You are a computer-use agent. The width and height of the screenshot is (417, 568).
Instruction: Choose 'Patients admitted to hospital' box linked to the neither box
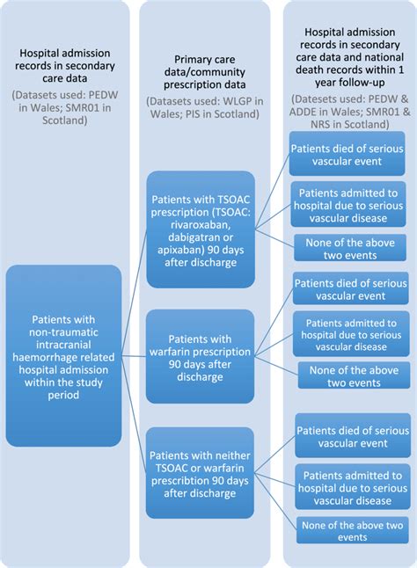[x=350, y=482]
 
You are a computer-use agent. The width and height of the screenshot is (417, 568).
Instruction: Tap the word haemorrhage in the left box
[x=63, y=360]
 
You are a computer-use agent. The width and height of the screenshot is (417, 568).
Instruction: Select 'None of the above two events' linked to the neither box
[x=350, y=530]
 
